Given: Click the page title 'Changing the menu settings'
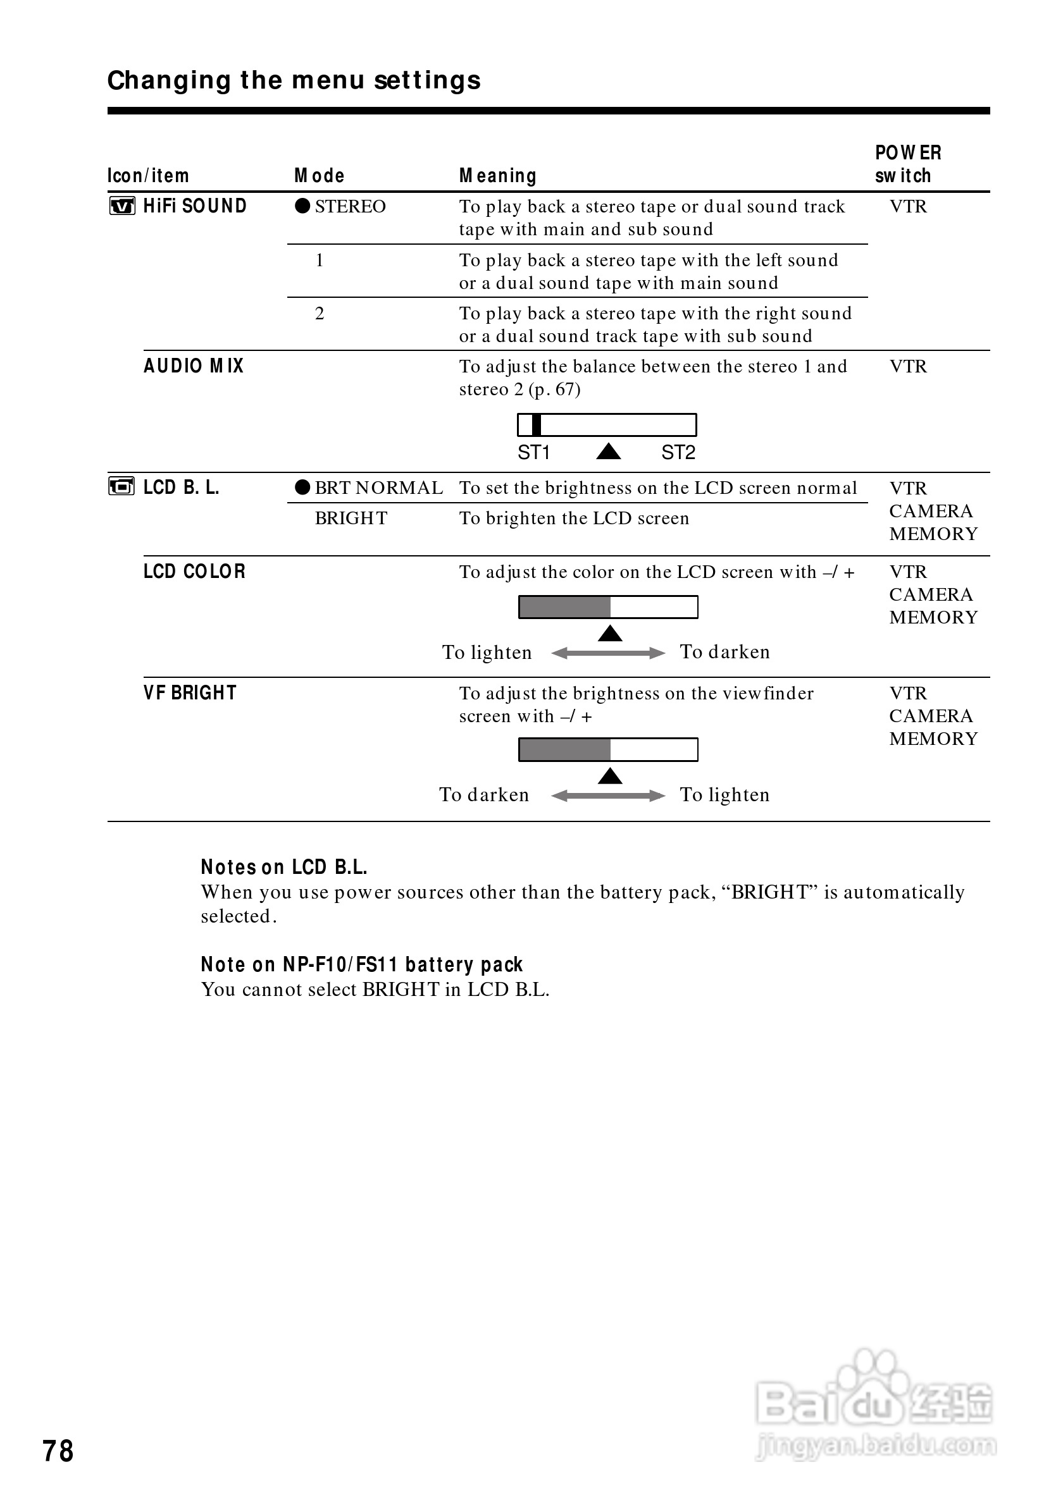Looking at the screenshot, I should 294,81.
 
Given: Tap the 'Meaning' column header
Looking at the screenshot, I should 498,176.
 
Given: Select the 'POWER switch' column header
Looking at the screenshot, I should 907,164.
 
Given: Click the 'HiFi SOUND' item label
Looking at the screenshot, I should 195,207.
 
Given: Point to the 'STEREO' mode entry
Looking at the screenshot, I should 349,207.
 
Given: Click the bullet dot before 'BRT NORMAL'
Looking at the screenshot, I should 302,488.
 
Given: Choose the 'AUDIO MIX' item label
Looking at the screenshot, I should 194,365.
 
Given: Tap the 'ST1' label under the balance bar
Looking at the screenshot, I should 533,452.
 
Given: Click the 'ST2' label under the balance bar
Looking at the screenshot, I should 678,452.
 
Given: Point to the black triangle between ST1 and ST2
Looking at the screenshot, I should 609,451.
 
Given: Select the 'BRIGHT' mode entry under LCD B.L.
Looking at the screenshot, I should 351,519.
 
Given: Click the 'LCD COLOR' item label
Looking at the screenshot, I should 194,572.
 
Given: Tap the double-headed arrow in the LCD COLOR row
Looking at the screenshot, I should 608,653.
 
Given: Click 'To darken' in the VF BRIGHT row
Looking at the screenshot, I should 484,795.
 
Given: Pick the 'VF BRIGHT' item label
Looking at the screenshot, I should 190,693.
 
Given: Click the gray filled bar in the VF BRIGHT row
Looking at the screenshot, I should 564,749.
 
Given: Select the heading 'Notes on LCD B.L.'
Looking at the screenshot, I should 284,867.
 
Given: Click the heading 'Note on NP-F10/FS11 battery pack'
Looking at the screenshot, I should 361,964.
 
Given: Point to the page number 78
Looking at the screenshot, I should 58,1451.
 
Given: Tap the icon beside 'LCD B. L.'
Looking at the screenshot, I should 121,487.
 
